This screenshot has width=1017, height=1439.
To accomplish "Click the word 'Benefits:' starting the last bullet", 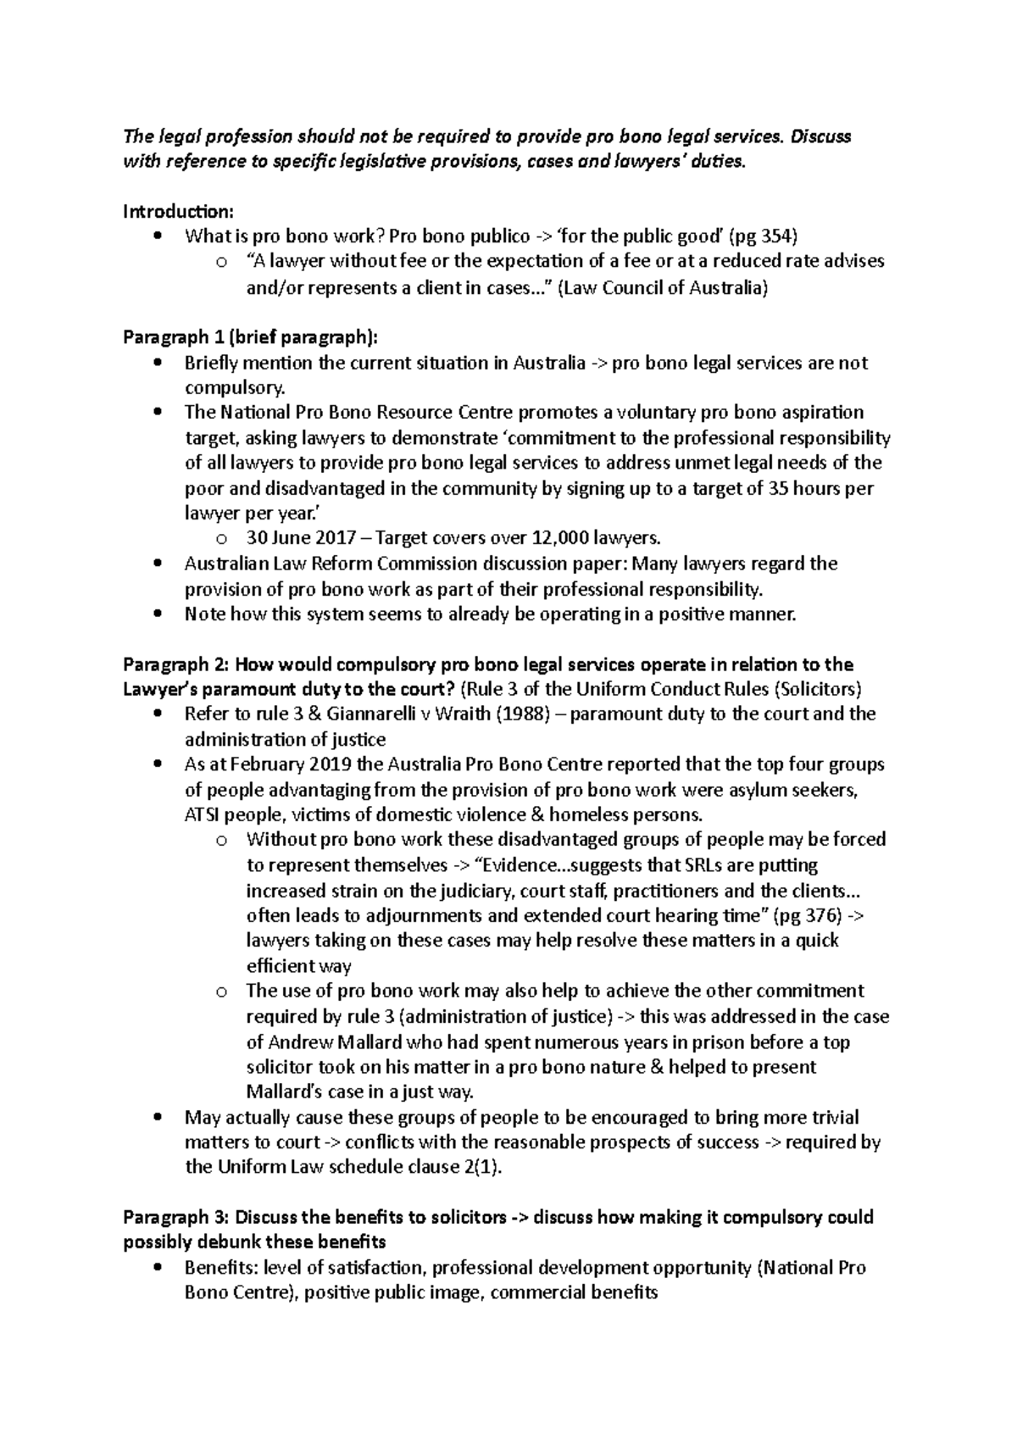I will click(221, 1268).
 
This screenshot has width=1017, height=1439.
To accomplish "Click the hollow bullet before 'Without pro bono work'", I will click(221, 841).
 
